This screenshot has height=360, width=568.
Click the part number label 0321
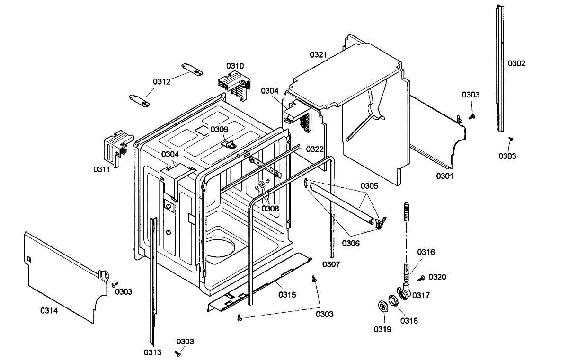pyautogui.click(x=319, y=55)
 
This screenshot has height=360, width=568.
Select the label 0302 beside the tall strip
pyautogui.click(x=516, y=63)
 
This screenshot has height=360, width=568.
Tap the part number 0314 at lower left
pyautogui.click(x=49, y=311)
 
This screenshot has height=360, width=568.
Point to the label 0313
pyautogui.click(x=153, y=352)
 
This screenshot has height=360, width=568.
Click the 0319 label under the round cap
pyautogui.click(x=382, y=329)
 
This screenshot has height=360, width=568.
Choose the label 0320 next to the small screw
pyautogui.click(x=437, y=277)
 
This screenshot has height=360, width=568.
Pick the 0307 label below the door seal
pyautogui.click(x=331, y=264)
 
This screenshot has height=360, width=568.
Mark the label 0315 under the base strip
pyautogui.click(x=287, y=295)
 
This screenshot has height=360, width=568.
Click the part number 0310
pyautogui.click(x=235, y=66)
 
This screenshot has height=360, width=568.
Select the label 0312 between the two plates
pyautogui.click(x=161, y=81)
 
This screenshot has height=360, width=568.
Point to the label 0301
pyautogui.click(x=445, y=176)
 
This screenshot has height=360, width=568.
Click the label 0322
pyautogui.click(x=315, y=149)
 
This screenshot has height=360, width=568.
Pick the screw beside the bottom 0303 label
pyautogui.click(x=178, y=353)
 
